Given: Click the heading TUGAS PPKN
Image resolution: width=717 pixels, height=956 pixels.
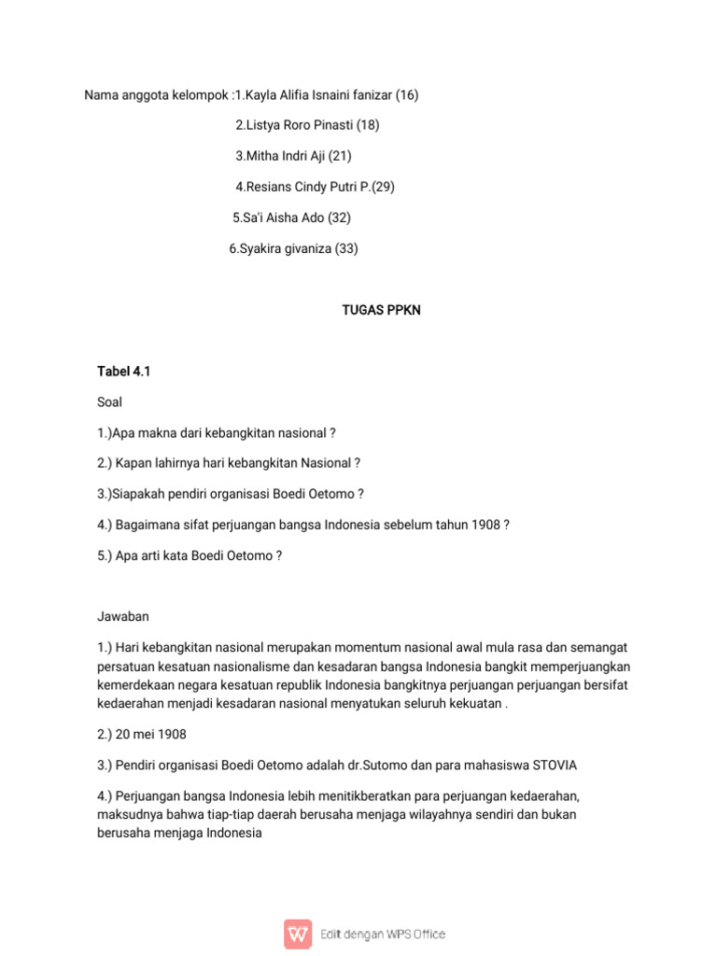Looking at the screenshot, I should [381, 310].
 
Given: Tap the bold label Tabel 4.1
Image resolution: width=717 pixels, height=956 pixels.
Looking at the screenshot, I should [124, 372].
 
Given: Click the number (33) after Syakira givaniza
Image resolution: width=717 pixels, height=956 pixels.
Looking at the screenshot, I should [346, 248].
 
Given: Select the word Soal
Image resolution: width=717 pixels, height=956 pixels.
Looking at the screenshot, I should [110, 402].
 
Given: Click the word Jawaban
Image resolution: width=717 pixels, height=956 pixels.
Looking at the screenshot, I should [123, 617].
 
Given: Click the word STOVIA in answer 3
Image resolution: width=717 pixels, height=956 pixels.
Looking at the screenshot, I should [555, 766].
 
